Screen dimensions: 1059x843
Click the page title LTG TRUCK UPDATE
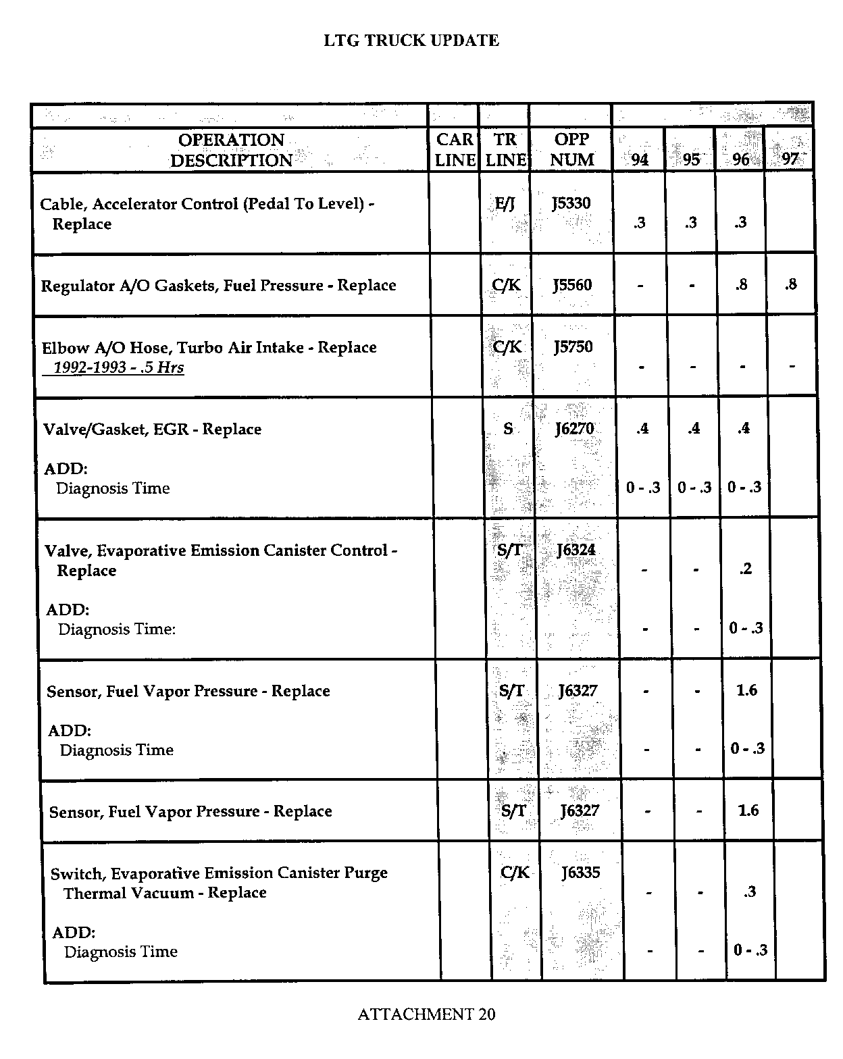(411, 41)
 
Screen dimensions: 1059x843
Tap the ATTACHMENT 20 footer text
(426, 1014)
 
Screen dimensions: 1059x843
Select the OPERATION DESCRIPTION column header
(231, 150)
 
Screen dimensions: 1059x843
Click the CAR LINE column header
(455, 150)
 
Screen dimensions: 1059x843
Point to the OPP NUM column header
(571, 150)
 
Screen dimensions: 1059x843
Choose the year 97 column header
(789, 159)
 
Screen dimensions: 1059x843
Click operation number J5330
(571, 203)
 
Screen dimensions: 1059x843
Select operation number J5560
(572, 285)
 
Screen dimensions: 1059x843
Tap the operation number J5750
(573, 347)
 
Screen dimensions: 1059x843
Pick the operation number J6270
(574, 428)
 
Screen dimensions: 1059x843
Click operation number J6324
(576, 550)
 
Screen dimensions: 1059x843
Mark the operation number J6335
(580, 873)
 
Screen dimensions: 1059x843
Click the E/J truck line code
(505, 203)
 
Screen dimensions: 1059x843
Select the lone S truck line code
(508, 428)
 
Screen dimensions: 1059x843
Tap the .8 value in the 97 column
(790, 284)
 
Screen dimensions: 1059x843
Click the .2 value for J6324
(745, 569)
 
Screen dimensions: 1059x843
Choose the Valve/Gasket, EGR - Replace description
(152, 429)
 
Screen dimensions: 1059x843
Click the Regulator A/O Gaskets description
(218, 286)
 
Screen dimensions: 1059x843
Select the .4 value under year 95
(693, 428)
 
